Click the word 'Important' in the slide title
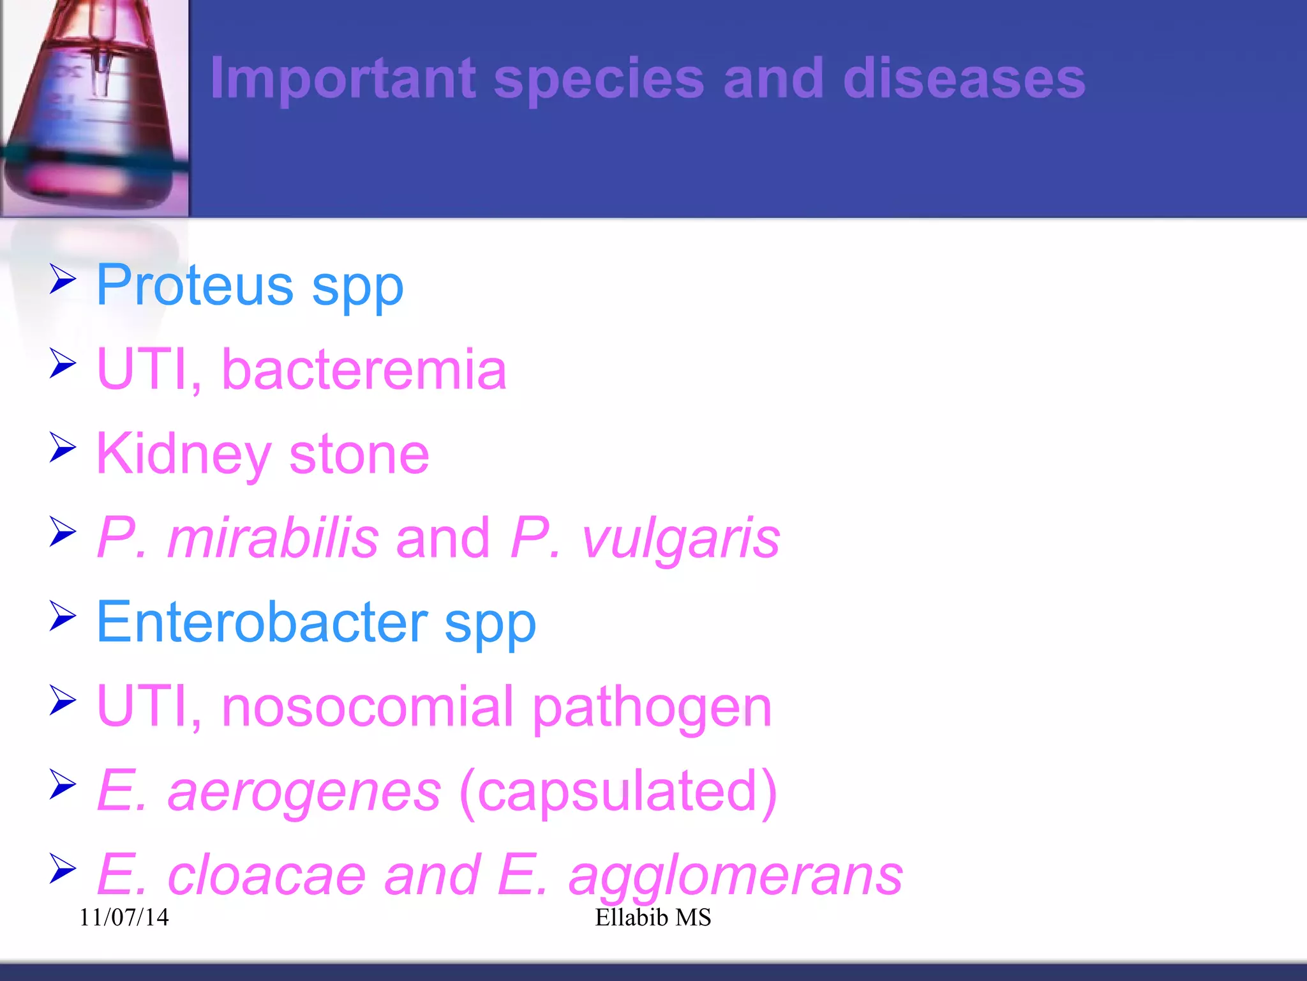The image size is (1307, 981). coord(343,79)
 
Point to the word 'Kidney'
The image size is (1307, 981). coord(184,455)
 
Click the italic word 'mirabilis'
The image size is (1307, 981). coord(273,538)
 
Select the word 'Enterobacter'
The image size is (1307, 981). coord(262,622)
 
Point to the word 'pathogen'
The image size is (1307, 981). coord(652,708)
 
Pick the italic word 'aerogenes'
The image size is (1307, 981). coord(304,792)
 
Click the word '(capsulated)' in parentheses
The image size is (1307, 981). coord(618,792)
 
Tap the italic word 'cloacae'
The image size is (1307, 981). coord(266,875)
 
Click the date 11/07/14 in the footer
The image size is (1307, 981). coord(124,917)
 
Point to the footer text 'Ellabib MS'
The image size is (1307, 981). coord(653,917)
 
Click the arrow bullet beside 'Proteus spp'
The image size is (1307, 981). coord(63,280)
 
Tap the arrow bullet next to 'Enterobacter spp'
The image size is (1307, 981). coord(63,617)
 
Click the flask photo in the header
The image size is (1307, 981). coord(94,107)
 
